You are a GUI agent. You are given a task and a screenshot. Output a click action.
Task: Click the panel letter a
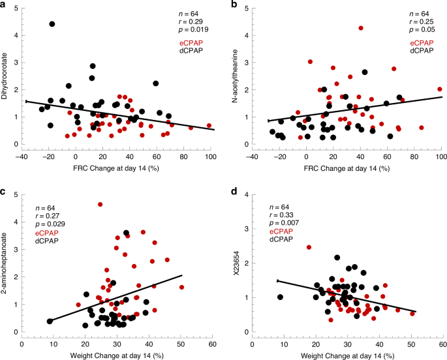pos(5,6)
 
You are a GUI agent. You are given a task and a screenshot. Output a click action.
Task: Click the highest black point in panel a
pos(52,24)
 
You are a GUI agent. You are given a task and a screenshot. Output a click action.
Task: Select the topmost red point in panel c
pos(100,204)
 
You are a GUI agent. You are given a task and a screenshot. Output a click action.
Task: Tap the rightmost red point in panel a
pos(209,125)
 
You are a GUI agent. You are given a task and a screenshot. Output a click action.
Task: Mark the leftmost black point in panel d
pos(280,297)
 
